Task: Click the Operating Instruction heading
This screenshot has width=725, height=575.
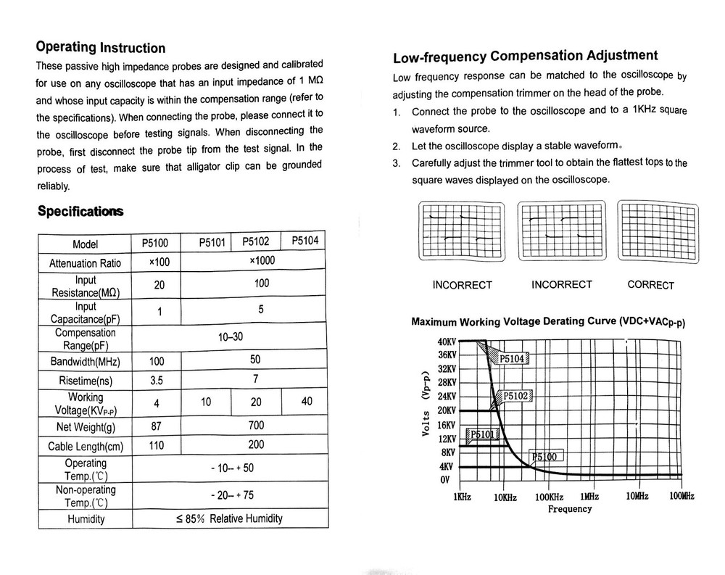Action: [x=101, y=48]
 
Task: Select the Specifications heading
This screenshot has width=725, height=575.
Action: [x=80, y=212]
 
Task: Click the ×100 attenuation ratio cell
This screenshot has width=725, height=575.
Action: [x=159, y=262]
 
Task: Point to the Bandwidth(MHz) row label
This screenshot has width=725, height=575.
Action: [x=85, y=362]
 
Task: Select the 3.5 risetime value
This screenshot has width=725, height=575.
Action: [x=157, y=380]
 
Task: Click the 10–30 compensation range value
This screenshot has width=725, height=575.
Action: [x=231, y=337]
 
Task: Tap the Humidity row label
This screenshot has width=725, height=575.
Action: [x=86, y=519]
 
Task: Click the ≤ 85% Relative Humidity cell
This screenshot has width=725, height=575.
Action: [x=230, y=518]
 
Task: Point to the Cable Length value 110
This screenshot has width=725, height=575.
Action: [x=157, y=446]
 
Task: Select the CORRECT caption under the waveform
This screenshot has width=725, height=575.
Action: [x=650, y=285]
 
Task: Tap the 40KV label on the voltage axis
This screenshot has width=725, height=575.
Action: [x=447, y=342]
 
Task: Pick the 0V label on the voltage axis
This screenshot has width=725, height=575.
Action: [x=445, y=480]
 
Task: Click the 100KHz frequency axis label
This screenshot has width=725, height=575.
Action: [x=549, y=497]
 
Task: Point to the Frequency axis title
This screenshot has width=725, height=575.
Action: [x=570, y=509]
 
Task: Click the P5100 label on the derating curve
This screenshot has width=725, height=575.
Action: [x=545, y=457]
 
